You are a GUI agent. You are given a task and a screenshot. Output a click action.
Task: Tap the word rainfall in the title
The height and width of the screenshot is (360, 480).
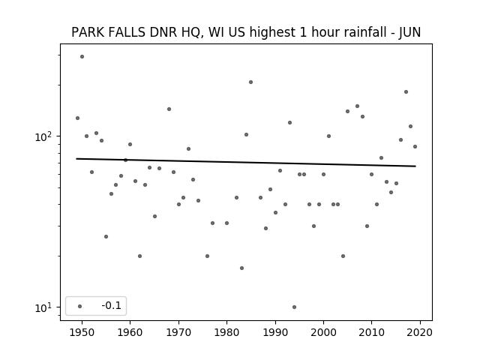(366, 32)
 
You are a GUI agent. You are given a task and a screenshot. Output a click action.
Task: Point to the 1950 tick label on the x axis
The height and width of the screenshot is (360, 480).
(82, 332)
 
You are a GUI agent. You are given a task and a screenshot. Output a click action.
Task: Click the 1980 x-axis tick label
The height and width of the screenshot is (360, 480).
(226, 332)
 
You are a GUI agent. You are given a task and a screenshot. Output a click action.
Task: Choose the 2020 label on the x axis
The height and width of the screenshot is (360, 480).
(420, 332)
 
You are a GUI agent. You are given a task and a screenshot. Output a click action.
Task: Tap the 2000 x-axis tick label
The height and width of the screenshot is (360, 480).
(323, 332)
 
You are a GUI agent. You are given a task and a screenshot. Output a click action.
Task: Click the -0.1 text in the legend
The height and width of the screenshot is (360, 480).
(112, 305)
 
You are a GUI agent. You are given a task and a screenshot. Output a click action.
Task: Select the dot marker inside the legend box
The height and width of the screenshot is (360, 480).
(80, 306)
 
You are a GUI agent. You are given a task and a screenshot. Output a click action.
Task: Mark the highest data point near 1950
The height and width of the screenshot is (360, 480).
(82, 57)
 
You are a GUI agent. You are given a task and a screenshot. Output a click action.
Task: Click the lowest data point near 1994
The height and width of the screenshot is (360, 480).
(294, 307)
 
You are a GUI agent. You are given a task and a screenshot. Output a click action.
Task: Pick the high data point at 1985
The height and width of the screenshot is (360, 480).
(250, 82)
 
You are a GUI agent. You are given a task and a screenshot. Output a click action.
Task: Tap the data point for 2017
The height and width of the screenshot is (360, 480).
(406, 91)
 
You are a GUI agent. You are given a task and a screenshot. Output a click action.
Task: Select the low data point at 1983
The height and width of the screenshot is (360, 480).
(241, 268)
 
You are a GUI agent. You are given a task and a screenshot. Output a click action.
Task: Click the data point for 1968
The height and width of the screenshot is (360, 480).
(169, 109)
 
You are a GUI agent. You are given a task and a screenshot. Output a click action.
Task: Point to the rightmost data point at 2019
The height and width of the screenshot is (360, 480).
(415, 147)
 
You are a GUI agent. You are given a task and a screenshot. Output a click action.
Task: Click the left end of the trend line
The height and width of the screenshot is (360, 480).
(76, 158)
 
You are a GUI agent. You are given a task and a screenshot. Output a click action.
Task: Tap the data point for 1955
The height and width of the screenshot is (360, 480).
(106, 237)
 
